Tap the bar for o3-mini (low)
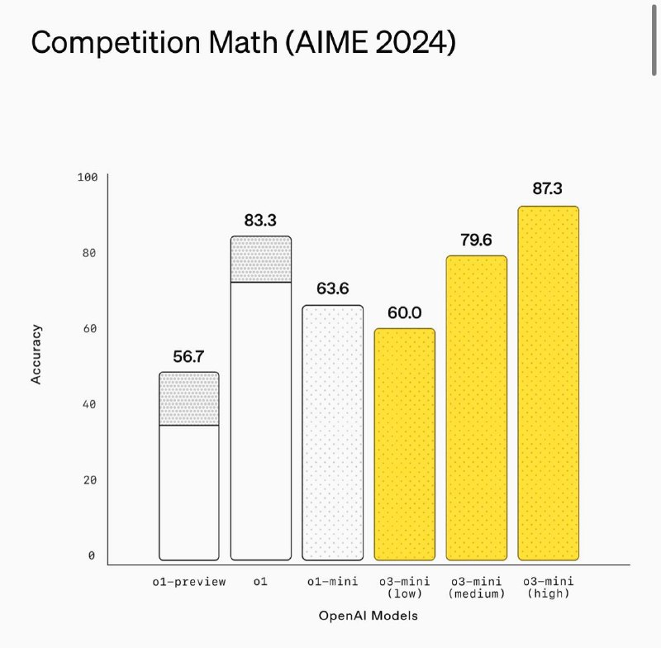point(405,444)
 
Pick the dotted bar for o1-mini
point(333,432)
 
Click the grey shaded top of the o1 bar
point(261,260)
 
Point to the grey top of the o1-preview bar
point(189,398)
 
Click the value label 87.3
point(547,189)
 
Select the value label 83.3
point(260,220)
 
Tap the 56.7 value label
point(189,356)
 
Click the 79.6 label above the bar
point(476,240)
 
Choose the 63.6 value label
point(333,289)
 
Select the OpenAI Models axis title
point(368,616)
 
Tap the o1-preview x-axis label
point(189,582)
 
